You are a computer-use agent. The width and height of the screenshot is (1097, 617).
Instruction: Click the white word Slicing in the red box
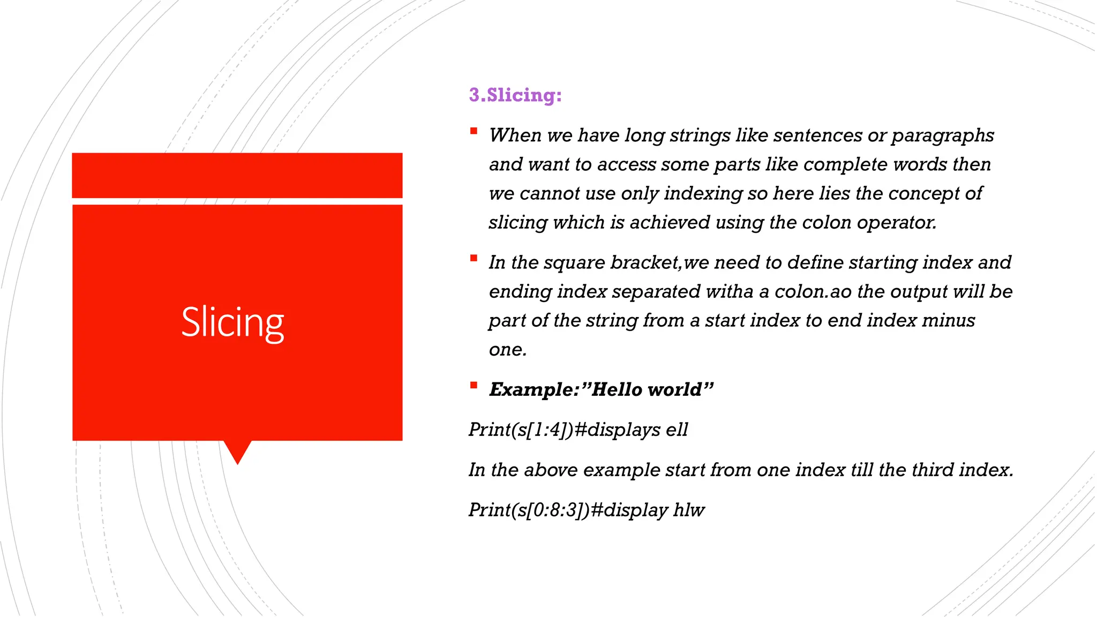point(232,322)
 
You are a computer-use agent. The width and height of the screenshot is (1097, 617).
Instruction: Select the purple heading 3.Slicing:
point(515,95)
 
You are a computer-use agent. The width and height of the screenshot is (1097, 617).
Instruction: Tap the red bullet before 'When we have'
point(474,131)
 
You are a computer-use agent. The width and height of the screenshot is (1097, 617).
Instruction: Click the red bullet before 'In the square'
point(474,258)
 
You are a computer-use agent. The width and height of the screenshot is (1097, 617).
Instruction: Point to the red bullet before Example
point(474,385)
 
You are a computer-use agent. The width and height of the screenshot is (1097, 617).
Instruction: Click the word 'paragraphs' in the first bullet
point(943,136)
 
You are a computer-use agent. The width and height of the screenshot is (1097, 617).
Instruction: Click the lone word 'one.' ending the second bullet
point(508,349)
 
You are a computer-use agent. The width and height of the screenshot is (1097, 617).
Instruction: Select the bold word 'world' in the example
point(674,389)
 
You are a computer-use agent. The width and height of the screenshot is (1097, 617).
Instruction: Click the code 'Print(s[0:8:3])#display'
point(568,510)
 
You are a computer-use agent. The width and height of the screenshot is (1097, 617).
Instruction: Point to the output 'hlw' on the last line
point(689,510)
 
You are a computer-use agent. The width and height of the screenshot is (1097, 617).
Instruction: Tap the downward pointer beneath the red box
point(237,452)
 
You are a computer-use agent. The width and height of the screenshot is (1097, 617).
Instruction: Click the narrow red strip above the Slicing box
point(237,175)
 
